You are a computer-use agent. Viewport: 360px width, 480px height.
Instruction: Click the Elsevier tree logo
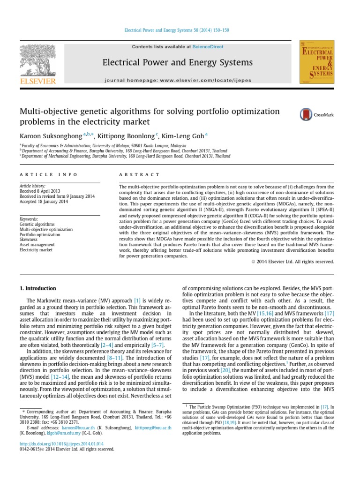tap(37, 61)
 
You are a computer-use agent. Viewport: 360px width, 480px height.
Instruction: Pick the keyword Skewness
tap(29, 239)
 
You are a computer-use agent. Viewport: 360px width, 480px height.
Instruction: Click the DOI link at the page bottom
tap(61, 443)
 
